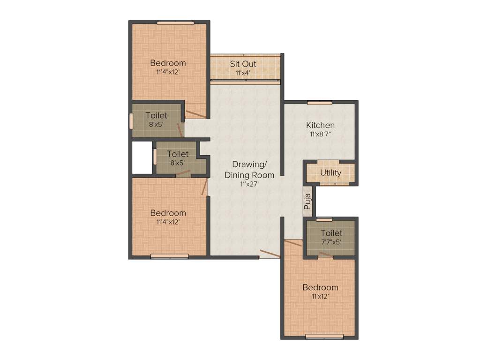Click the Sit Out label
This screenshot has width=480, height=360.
[242, 64]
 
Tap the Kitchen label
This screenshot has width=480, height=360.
[320, 125]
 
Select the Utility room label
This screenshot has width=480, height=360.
[330, 173]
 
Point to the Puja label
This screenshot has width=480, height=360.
[307, 202]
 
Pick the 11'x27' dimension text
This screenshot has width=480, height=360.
[249, 184]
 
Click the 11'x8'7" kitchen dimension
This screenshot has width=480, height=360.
[321, 134]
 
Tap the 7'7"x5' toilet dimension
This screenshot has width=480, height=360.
[331, 242]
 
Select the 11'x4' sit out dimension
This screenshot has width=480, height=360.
[243, 73]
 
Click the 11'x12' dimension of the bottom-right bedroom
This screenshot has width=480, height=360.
[320, 296]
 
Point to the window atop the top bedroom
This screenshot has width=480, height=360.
[175, 22]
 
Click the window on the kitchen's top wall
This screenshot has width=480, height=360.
[320, 103]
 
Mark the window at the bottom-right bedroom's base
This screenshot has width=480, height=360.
[324, 336]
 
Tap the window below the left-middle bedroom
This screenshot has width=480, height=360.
[169, 256]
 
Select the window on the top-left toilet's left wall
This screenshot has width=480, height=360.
[131, 120]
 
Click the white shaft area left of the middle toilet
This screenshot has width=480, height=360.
[142, 157]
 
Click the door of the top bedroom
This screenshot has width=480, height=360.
[195, 114]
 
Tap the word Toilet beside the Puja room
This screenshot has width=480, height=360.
[331, 233]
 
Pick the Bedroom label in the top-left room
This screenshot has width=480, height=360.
[168, 63]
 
